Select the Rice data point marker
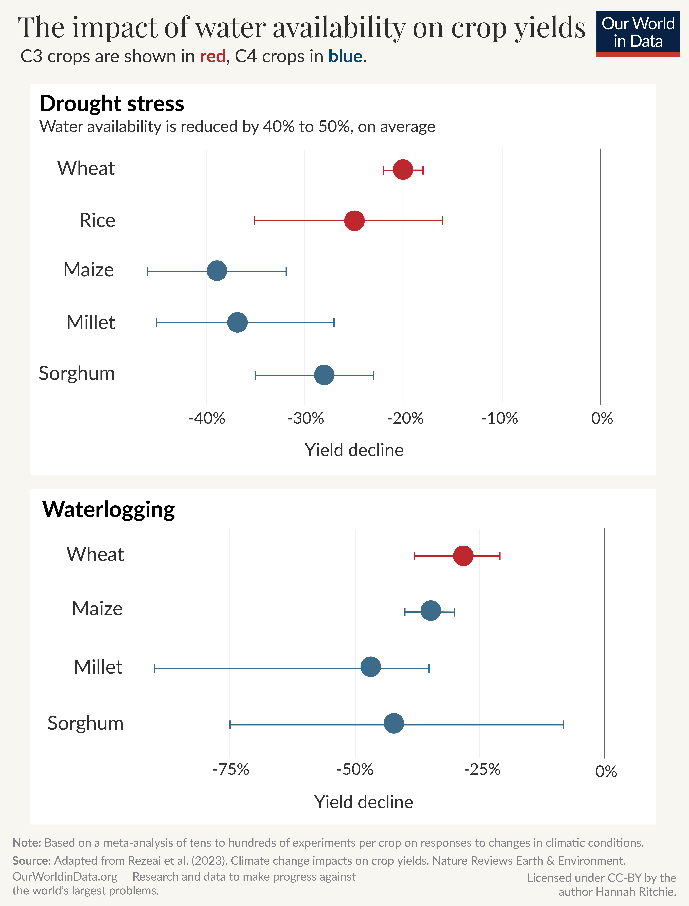(354, 221)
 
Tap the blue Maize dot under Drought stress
(217, 271)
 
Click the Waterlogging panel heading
(109, 509)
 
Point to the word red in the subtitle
(212, 57)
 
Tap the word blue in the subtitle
(345, 57)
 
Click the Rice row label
(97, 220)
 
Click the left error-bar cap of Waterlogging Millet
(155, 668)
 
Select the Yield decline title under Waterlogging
(363, 802)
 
